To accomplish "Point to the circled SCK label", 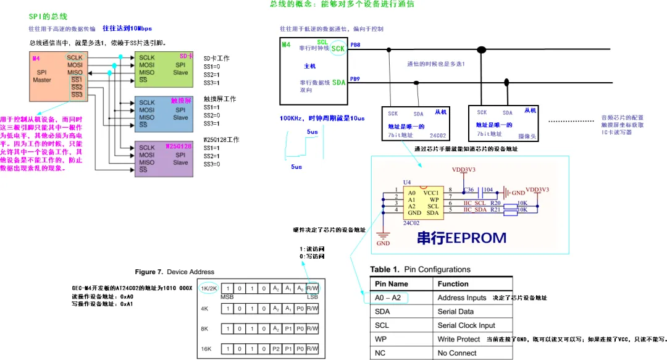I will pyautogui.click(x=338, y=48).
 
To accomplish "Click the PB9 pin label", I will pyautogui.click(x=355, y=79).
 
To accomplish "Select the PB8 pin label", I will pyautogui.click(x=355, y=45).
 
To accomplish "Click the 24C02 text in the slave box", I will pyautogui.click(x=437, y=134).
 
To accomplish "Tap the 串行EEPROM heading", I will pyautogui.click(x=461, y=238).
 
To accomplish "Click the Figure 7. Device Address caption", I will pyautogui.click(x=175, y=272).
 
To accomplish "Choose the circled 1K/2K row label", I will pyautogui.click(x=209, y=288).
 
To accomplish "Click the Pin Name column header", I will pyautogui.click(x=392, y=283).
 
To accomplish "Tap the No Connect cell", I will pyautogui.click(x=457, y=353).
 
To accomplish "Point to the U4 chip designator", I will pyautogui.click(x=406, y=182).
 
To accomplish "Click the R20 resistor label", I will pyautogui.click(x=495, y=202).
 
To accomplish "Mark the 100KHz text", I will pyautogui.click(x=293, y=118).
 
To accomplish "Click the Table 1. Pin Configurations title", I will pyautogui.click(x=420, y=269).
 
